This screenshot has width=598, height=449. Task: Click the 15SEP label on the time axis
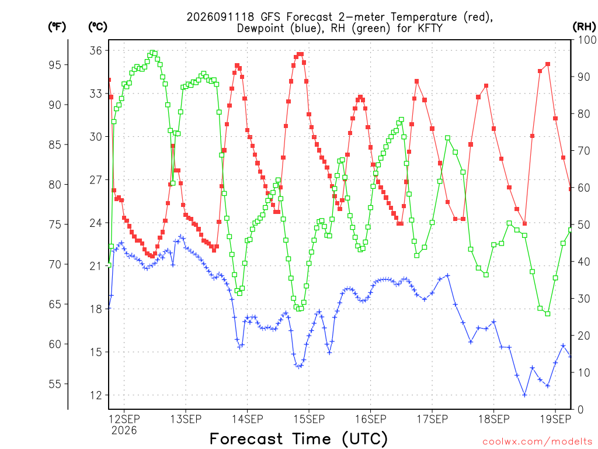tap(309, 419)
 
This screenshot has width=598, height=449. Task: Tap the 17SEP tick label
tap(432, 419)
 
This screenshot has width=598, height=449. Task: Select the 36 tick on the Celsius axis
tap(96, 50)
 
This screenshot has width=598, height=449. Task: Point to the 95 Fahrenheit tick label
tap(55, 65)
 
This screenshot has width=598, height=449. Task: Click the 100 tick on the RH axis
tap(587, 40)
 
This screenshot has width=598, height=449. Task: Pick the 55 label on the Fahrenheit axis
tap(55, 384)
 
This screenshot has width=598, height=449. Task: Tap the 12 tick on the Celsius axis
tap(96, 395)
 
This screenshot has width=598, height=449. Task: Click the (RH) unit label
tap(584, 26)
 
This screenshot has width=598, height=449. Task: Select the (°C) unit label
tap(98, 26)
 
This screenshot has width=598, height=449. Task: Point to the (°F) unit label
tap(57, 26)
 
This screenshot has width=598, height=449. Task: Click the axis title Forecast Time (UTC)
tap(298, 438)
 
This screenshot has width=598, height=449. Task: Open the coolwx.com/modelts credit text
tap(537, 441)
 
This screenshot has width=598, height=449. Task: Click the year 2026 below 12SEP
tap(124, 430)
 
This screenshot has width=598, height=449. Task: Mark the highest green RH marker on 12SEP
tap(152, 53)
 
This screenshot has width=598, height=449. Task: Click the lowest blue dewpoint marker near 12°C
tap(524, 395)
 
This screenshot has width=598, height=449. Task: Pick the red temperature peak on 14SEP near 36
tap(301, 54)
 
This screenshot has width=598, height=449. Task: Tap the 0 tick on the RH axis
tap(580, 410)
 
